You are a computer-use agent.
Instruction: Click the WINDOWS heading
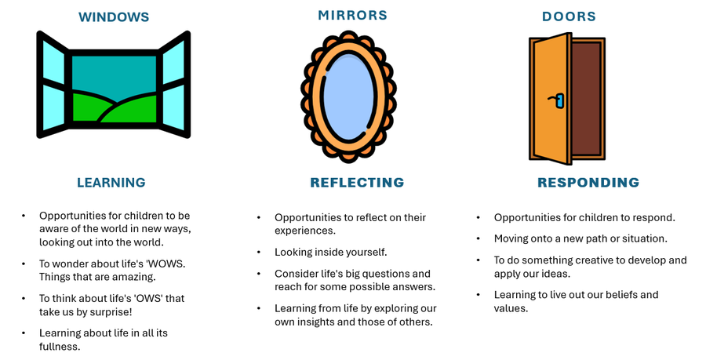114,16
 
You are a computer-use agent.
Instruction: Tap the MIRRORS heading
352,15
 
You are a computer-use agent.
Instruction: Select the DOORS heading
569,16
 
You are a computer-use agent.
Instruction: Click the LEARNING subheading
111,183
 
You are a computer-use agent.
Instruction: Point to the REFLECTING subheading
357,183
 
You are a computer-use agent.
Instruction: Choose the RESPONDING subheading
588,183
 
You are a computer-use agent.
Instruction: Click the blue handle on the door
559,100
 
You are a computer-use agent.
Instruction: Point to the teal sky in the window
114,75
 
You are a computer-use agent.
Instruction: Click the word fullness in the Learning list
59,346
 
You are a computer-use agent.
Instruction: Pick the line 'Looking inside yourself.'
330,253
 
